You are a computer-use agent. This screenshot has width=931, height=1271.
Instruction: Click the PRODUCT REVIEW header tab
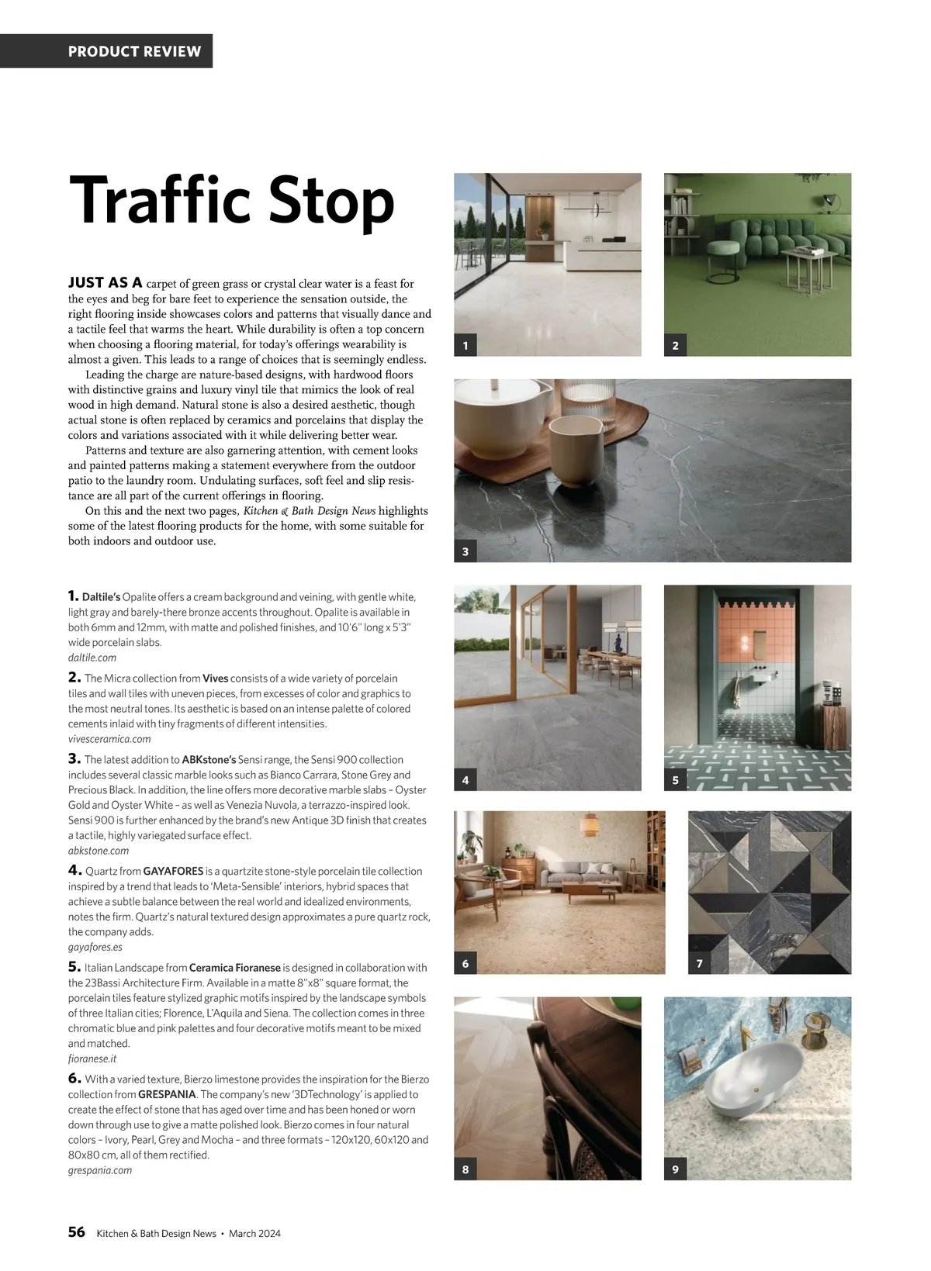pyautogui.click(x=134, y=51)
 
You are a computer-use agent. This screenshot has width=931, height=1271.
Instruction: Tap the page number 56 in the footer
pyautogui.click(x=76, y=1232)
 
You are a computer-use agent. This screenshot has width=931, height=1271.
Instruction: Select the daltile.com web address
pyautogui.click(x=92, y=658)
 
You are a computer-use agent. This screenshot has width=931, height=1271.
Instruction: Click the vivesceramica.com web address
pyautogui.click(x=109, y=739)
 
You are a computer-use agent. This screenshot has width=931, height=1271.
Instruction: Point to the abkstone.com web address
pyautogui.click(x=99, y=851)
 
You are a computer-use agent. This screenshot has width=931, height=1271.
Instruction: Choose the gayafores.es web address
pyautogui.click(x=95, y=947)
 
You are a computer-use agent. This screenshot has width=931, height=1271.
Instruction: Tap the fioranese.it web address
pyautogui.click(x=92, y=1059)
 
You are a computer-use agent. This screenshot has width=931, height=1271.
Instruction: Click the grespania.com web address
pyautogui.click(x=100, y=1170)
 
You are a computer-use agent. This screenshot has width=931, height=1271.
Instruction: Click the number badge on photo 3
pyautogui.click(x=465, y=552)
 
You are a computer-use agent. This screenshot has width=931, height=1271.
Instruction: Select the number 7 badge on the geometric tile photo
pyautogui.click(x=700, y=964)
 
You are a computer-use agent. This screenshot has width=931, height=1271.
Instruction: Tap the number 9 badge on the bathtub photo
pyautogui.click(x=676, y=1169)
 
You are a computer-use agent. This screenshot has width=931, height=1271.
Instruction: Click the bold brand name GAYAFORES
pyautogui.click(x=173, y=872)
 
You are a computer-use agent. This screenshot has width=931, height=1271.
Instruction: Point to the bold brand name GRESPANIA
pyautogui.click(x=167, y=1095)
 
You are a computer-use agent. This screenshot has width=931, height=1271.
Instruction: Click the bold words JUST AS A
pyautogui.click(x=106, y=282)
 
